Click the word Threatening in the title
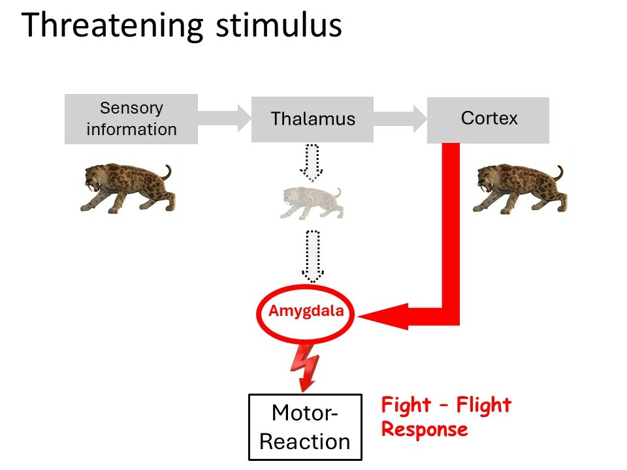pos(112,26)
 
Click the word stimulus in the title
pos(279,25)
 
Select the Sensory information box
pos(131,119)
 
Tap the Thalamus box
pos(312,119)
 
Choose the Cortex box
pos(489,120)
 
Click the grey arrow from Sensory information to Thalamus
pos(224,118)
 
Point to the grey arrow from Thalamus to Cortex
pos(400,118)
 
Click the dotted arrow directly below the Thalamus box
pos(312,163)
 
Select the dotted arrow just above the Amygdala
pos(313,257)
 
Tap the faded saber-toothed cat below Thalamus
pos(312,203)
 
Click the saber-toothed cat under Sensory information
pos(127,188)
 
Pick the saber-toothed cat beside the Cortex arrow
pos(520,189)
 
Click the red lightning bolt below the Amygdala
pos(306,368)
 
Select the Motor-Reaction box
pos(305,427)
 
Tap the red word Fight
pos(406,405)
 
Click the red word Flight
pos(484,405)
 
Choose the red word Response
pos(425,430)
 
